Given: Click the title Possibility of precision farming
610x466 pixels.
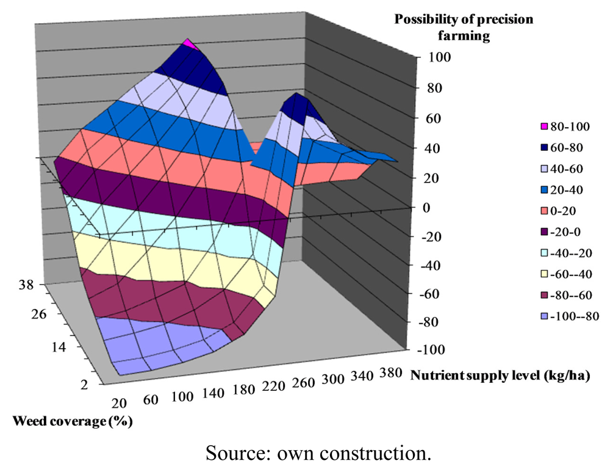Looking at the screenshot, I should (463, 27).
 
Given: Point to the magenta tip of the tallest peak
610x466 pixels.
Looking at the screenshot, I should (189, 43).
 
